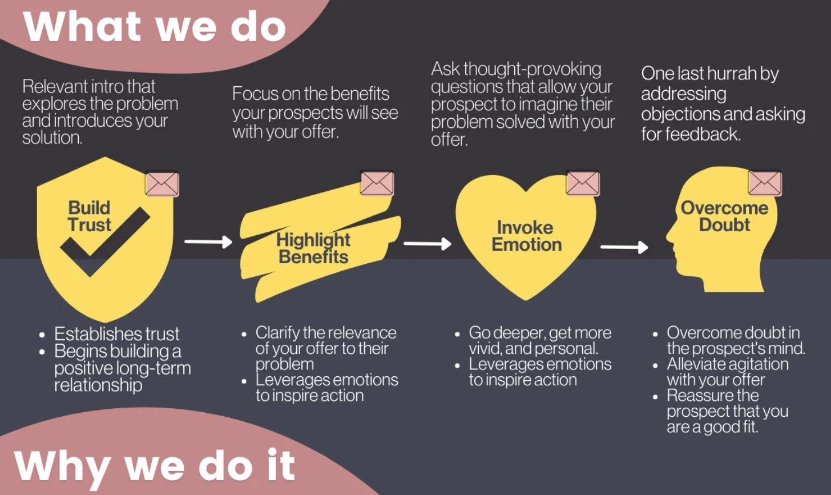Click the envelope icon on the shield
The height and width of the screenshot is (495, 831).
tap(162, 184)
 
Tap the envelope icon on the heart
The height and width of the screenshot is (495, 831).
tap(582, 183)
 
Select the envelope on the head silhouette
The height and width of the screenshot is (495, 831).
tap(764, 183)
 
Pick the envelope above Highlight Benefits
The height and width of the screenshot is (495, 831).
tap(377, 183)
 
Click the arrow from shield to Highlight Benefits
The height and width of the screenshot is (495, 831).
tap(208, 242)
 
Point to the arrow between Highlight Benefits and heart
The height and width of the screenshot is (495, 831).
tap(427, 244)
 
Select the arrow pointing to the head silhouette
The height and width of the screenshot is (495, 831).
tap(624, 247)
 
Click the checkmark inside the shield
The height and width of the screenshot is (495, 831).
tap(105, 242)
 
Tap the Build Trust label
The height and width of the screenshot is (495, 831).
tap(89, 216)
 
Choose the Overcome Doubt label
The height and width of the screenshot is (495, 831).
tap(724, 216)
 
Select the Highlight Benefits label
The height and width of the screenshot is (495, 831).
tap(313, 248)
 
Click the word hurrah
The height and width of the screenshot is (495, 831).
tap(731, 74)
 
